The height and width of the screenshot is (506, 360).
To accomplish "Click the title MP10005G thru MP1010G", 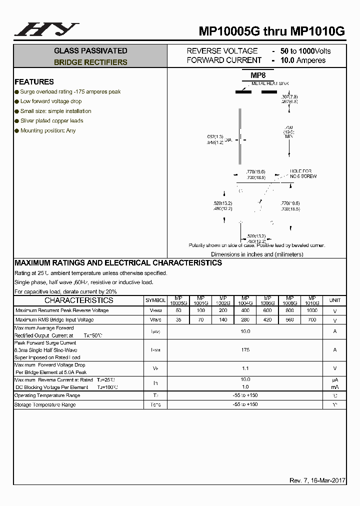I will (272, 31).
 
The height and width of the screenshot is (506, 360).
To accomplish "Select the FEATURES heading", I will (34, 82).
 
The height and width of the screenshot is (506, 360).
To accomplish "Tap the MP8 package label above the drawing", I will (257, 75).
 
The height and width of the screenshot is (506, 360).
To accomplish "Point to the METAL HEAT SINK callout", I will (270, 83).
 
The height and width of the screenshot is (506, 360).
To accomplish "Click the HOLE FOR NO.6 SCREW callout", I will (303, 173).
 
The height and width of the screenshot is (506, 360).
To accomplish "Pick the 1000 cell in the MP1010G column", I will (311, 310).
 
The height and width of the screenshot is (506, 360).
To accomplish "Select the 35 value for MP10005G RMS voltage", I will (178, 319).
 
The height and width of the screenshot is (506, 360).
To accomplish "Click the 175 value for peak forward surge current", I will (245, 350).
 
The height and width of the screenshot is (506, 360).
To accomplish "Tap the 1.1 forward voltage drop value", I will (245, 368).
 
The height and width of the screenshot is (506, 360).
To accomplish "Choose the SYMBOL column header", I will (155, 300).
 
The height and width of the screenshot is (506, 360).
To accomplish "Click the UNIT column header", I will (334, 300).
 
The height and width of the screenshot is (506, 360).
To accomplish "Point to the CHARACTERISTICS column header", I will (79, 300).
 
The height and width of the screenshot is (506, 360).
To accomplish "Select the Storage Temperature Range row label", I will (45, 404).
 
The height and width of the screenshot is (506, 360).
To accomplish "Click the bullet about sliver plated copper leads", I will (51, 121).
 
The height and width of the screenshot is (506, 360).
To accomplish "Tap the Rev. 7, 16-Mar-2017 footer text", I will (317, 480).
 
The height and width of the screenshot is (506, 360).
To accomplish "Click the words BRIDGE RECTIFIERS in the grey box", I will (90, 62).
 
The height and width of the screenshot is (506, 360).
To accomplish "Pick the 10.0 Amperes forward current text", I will (302, 60).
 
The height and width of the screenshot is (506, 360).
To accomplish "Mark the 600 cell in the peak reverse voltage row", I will (267, 310).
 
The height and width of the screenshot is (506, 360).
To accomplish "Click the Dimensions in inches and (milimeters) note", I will (257, 254).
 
